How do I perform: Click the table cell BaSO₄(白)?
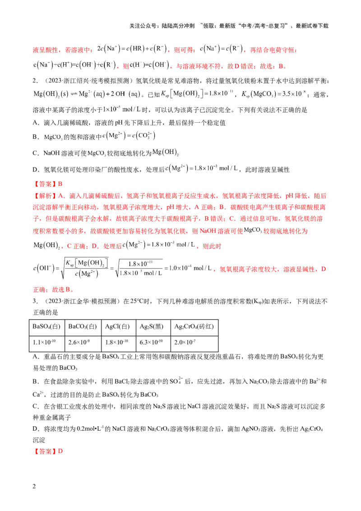click(47, 326)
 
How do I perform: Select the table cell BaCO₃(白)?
click(83, 326)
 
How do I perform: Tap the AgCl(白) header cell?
click(118, 326)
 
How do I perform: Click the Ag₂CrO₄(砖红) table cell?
click(194, 326)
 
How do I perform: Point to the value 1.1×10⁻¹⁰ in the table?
click(44, 342)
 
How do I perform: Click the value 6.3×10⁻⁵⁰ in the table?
click(151, 342)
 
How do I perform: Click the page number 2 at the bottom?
click(34, 486)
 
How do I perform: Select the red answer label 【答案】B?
click(48, 184)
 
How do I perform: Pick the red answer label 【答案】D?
click(48, 451)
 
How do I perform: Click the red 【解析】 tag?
click(45, 196)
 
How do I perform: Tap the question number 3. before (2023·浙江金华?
click(36, 301)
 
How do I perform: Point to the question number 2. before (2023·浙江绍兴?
click(36, 80)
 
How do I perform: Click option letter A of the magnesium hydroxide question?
click(36, 123)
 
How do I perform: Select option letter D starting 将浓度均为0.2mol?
click(36, 429)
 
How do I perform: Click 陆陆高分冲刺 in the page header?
click(178, 26)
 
